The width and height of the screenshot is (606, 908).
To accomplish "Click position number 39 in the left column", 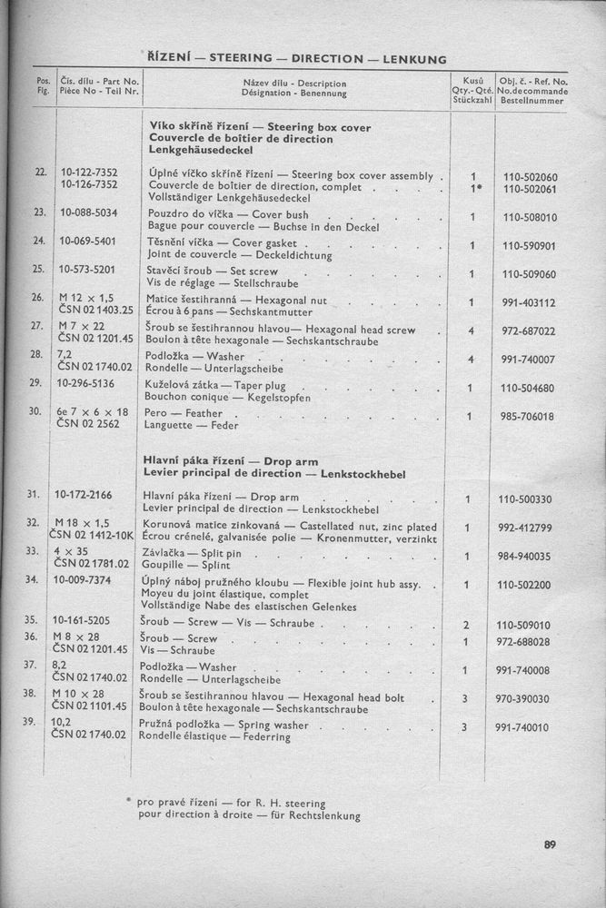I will pyautogui.click(x=36, y=722).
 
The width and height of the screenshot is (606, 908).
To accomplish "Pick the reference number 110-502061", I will pyautogui.click(x=528, y=189).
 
